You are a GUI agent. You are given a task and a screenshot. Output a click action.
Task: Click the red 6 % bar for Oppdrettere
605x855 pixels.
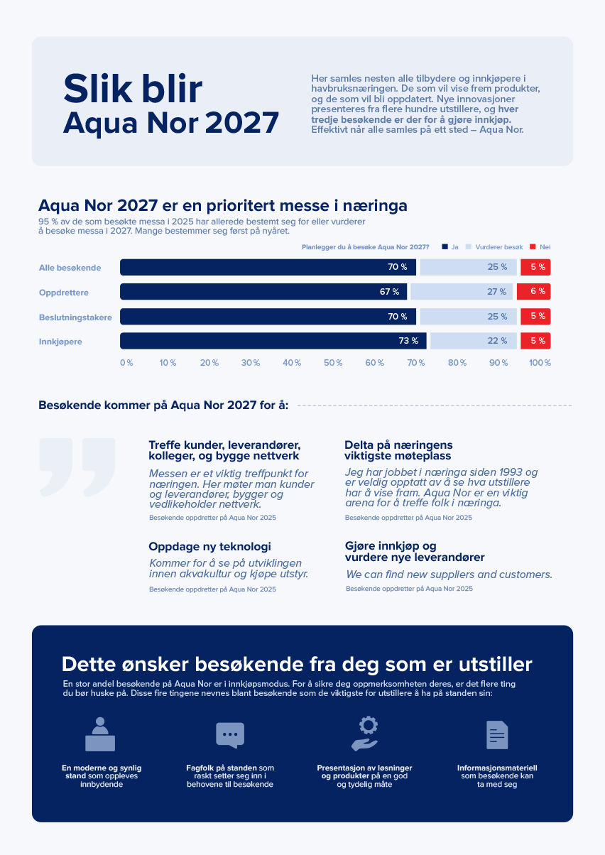(x=533, y=292)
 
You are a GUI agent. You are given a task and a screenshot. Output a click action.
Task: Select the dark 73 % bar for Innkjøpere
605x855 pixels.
(x=273, y=341)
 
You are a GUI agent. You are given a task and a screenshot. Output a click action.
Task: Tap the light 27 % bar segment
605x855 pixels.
(x=462, y=292)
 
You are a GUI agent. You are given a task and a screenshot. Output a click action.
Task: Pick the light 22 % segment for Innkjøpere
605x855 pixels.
(x=474, y=341)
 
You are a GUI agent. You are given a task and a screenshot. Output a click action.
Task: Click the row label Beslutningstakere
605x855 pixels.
(x=75, y=317)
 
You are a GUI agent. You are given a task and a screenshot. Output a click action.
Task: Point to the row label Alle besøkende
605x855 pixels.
(x=70, y=268)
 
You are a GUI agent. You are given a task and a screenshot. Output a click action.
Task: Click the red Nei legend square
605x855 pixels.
(x=533, y=246)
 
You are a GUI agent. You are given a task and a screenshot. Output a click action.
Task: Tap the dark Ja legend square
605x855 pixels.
(x=445, y=246)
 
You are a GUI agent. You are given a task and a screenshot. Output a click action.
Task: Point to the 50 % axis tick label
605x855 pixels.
(x=333, y=363)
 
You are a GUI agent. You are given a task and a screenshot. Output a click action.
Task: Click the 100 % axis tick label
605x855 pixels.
(x=540, y=363)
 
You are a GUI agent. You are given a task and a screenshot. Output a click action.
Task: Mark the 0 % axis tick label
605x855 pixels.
(x=126, y=363)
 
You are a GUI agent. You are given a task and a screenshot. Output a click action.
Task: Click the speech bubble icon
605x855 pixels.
(x=230, y=735)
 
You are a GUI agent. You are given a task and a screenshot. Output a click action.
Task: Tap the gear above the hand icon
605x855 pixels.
(x=369, y=725)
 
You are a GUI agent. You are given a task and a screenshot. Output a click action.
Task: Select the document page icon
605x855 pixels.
(x=497, y=735)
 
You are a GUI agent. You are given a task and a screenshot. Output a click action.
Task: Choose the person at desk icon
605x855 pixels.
(x=100, y=734)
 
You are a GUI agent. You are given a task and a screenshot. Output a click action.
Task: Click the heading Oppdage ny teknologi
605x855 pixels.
(x=209, y=547)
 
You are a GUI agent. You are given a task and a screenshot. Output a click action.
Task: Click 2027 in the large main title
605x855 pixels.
(x=242, y=123)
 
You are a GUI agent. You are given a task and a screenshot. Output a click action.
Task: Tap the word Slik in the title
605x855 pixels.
(x=97, y=89)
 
